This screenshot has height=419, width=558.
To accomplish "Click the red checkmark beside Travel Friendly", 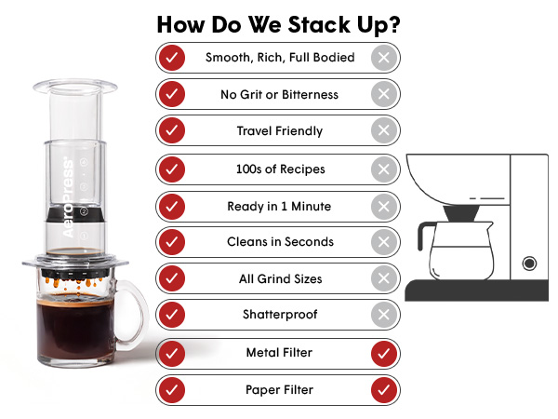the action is pyautogui.click(x=172, y=130).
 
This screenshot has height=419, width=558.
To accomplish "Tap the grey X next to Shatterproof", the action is pyautogui.click(x=384, y=315).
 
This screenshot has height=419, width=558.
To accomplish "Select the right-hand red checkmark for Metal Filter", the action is pyautogui.click(x=384, y=354).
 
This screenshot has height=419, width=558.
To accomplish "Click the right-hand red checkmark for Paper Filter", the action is pyautogui.click(x=384, y=390).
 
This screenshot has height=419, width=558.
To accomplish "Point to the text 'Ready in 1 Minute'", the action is pyautogui.click(x=279, y=207).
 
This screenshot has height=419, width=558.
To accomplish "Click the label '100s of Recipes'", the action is pyautogui.click(x=281, y=169).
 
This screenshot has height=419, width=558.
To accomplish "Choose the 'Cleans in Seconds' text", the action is pyautogui.click(x=281, y=241).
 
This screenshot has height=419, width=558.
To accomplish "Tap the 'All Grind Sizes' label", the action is pyautogui.click(x=281, y=278).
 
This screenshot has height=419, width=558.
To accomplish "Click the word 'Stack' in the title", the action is pyautogui.click(x=319, y=24).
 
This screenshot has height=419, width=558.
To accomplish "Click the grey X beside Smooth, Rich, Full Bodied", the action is pyautogui.click(x=384, y=58).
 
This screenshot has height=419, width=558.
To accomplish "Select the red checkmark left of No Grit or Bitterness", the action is pyautogui.click(x=172, y=94).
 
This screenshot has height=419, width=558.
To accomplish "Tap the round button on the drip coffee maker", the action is pyautogui.click(x=529, y=264).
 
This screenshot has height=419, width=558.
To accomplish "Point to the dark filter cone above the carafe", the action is pyautogui.click(x=461, y=213).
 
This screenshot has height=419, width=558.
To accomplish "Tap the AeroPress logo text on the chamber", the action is pyautogui.click(x=68, y=197).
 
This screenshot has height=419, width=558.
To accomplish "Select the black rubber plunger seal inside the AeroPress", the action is pyautogui.click(x=76, y=214).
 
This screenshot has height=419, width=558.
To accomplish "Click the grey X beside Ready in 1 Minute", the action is pyautogui.click(x=384, y=207).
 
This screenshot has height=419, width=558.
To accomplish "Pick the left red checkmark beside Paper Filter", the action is pyautogui.click(x=172, y=390).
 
